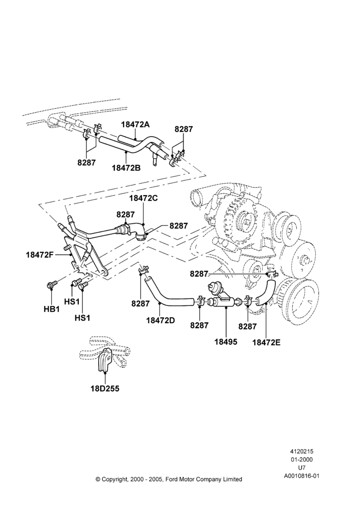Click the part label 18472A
click(136, 124)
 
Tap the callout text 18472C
click(143, 198)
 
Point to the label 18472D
click(161, 320)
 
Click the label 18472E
click(266, 342)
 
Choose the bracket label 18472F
click(40, 255)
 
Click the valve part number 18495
click(226, 342)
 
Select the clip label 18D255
click(105, 389)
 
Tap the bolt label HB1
click(52, 309)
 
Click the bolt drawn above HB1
click(52, 284)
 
